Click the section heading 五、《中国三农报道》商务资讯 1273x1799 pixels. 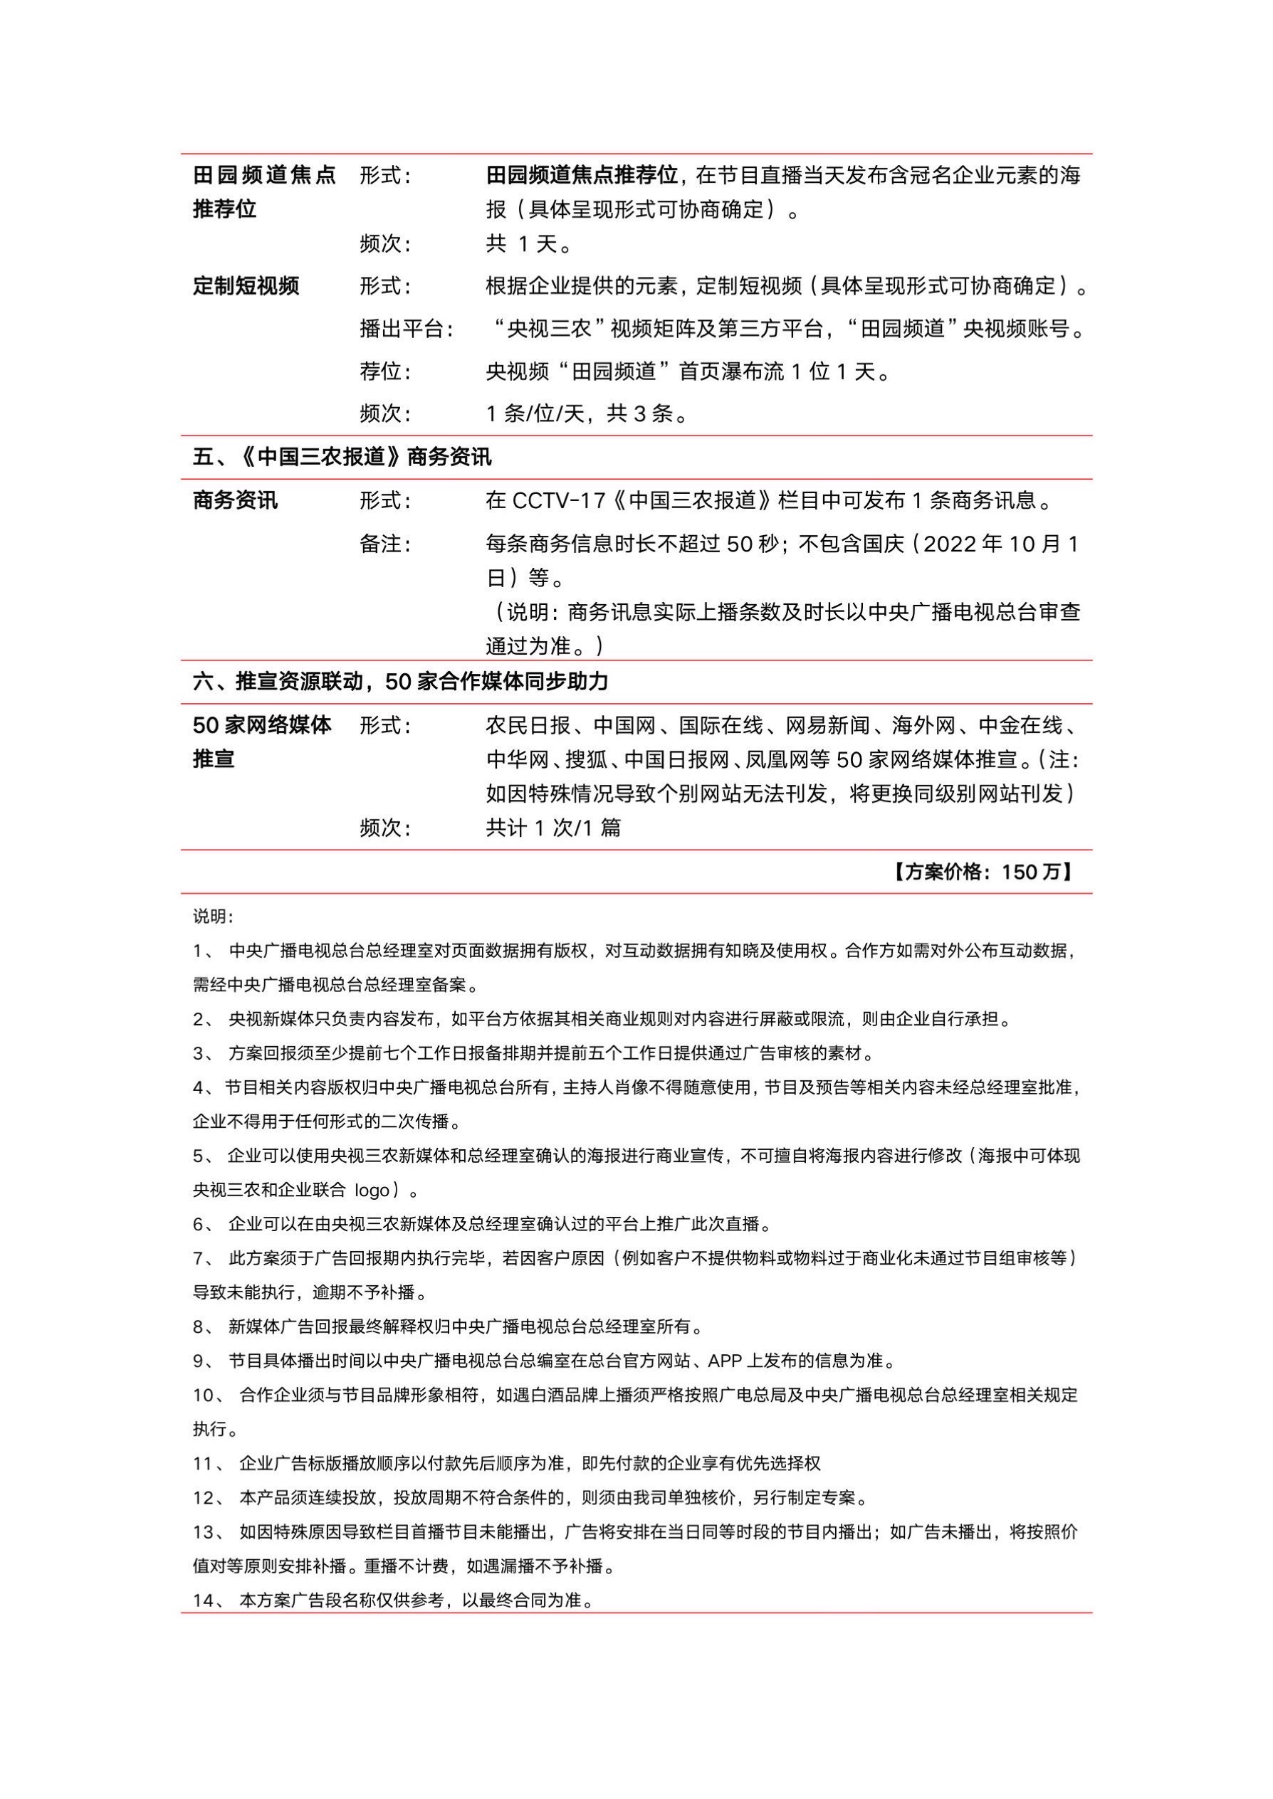(342, 457)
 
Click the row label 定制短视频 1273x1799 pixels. (246, 286)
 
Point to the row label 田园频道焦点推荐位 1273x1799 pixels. (263, 192)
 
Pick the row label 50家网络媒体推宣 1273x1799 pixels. (262, 742)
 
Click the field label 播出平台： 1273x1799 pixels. (406, 329)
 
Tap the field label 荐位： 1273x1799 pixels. (385, 371)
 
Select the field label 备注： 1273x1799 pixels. (385, 544)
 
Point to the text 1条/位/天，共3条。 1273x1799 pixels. (587, 413)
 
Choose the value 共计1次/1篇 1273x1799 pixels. (552, 828)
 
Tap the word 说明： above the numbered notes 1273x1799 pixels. (213, 917)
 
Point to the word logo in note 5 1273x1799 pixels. (372, 1190)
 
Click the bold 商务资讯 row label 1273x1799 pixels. (235, 501)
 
